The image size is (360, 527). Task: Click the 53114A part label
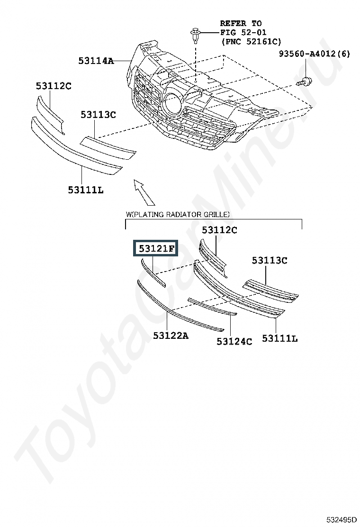pyautogui.click(x=96, y=61)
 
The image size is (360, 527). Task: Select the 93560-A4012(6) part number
pyautogui.click(x=315, y=54)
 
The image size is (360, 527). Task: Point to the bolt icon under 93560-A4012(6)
pyautogui.click(x=304, y=82)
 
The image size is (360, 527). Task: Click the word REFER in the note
pyautogui.click(x=233, y=24)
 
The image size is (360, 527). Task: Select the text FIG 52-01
pyautogui.click(x=243, y=32)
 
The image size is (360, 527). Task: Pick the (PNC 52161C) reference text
pyautogui.click(x=251, y=41)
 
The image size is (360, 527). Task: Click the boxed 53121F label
pyautogui.click(x=156, y=248)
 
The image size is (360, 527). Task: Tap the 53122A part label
pyautogui.click(x=171, y=336)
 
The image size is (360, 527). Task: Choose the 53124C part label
pyautogui.click(x=234, y=342)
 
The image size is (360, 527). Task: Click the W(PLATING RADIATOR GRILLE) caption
pyautogui.click(x=178, y=214)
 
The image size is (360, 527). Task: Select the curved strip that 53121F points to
pyautogui.click(x=153, y=273)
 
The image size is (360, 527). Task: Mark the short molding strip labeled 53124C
pyautogui.click(x=212, y=307)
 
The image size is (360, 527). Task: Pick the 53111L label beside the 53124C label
pyautogui.click(x=280, y=338)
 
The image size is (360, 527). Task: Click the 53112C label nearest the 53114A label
pyautogui.click(x=54, y=86)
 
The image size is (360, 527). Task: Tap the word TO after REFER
pyautogui.click(x=257, y=24)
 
